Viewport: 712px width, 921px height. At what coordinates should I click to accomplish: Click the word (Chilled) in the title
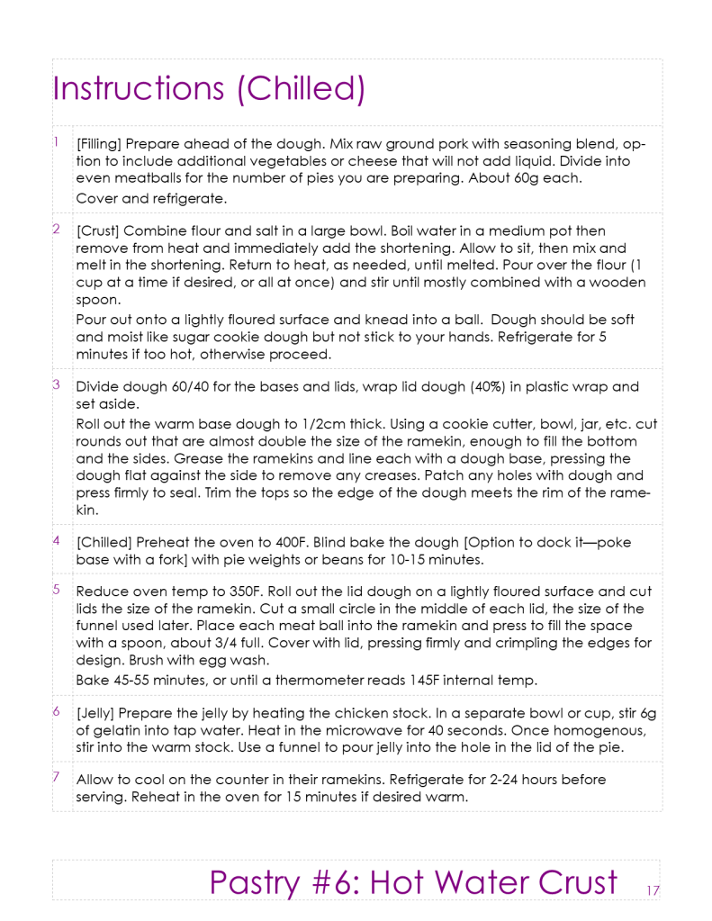306,88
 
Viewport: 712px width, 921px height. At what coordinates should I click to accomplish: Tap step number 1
56,141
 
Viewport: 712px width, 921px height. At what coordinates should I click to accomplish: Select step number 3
56,384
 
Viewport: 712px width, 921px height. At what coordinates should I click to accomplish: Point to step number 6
56,711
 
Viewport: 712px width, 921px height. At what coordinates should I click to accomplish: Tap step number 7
56,777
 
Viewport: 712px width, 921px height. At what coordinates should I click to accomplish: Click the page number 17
653,890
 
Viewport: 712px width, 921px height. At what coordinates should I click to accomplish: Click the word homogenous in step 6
581,729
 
